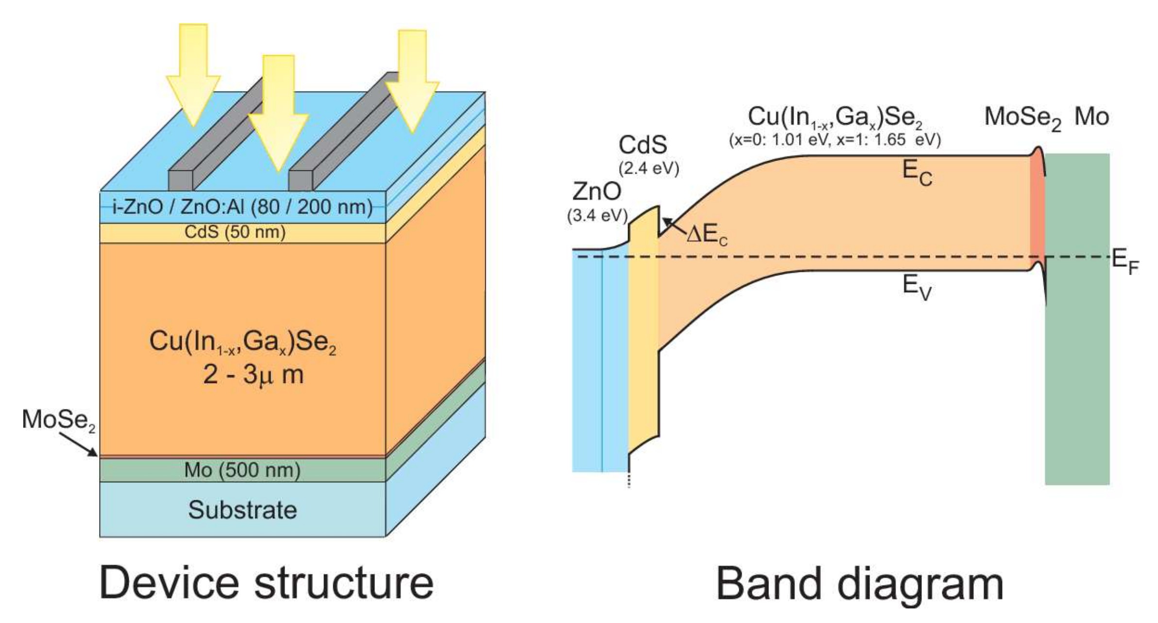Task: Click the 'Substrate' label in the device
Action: click(x=242, y=510)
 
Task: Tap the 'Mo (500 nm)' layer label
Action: click(x=242, y=470)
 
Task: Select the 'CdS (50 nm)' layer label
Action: click(x=235, y=232)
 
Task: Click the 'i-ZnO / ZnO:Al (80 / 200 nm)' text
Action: click(x=242, y=207)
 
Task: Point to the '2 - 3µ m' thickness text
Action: click(x=254, y=375)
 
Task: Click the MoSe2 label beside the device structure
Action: click(x=58, y=420)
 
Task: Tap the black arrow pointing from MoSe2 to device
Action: click(x=80, y=444)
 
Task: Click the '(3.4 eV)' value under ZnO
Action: click(x=597, y=215)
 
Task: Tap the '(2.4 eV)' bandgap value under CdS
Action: click(x=648, y=168)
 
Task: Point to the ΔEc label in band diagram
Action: click(x=707, y=236)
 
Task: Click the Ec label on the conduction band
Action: click(x=917, y=173)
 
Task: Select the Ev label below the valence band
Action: click(x=917, y=287)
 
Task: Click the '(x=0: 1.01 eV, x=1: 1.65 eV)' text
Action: click(x=834, y=140)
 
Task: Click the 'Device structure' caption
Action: click(x=266, y=583)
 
